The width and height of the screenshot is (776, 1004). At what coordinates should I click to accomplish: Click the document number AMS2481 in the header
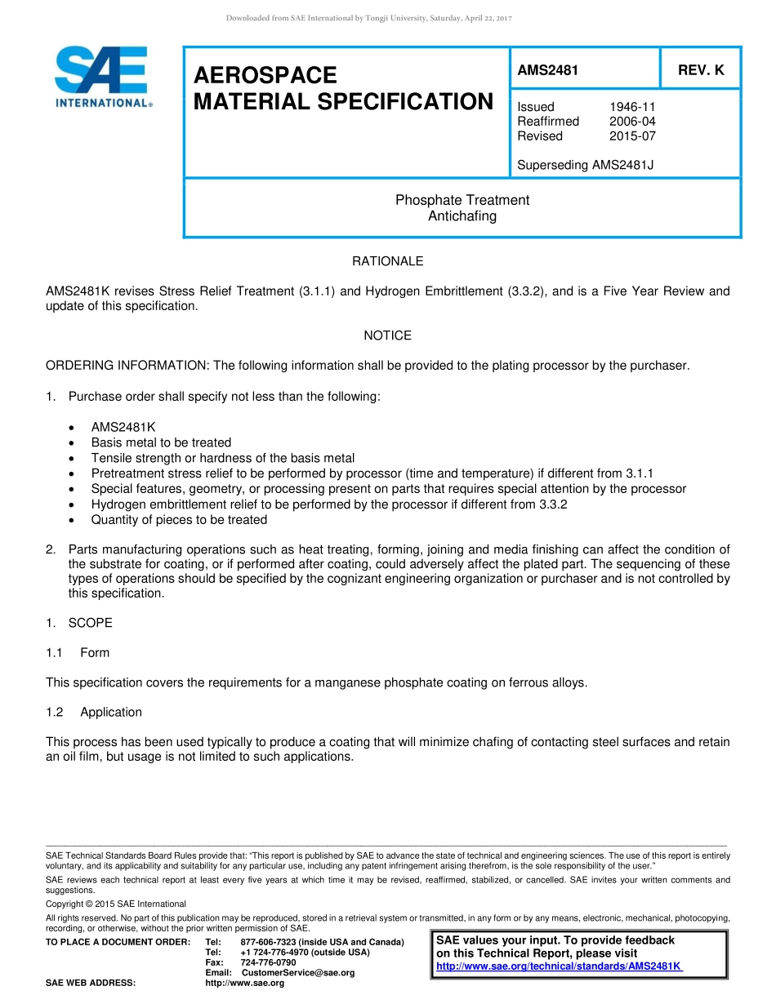tap(547, 70)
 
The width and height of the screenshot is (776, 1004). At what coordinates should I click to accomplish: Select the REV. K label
tap(701, 70)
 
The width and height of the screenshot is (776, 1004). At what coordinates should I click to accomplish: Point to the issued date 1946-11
tap(632, 107)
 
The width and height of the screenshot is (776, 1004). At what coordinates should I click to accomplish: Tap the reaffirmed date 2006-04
tap(632, 122)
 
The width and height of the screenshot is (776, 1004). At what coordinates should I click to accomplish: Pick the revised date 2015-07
tap(632, 136)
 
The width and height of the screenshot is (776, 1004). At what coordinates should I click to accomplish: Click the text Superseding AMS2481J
tap(585, 165)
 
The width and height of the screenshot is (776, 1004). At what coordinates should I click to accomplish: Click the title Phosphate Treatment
tap(462, 200)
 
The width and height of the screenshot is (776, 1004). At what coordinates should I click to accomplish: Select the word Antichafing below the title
tap(462, 216)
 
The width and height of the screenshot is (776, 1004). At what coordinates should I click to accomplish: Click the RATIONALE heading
tap(387, 261)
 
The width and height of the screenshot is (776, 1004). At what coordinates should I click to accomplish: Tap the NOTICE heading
tap(387, 335)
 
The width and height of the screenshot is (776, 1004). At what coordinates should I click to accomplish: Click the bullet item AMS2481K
tap(123, 427)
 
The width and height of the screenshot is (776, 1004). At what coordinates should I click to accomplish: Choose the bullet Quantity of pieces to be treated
tap(179, 520)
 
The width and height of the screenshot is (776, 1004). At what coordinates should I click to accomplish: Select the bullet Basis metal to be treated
tap(161, 442)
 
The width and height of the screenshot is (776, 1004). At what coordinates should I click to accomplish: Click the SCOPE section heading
tap(90, 623)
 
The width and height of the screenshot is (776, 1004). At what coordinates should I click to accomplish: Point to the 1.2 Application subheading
tap(110, 712)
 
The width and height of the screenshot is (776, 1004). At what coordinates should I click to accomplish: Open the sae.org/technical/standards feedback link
tap(560, 966)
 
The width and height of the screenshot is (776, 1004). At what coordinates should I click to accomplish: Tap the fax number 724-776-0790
tap(268, 962)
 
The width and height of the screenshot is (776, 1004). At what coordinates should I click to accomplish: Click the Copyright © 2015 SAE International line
tap(116, 904)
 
